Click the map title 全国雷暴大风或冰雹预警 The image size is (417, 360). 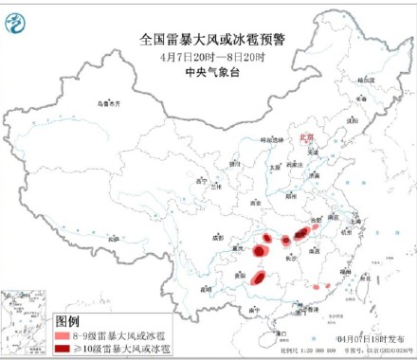[208, 39]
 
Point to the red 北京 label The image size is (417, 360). [305, 136]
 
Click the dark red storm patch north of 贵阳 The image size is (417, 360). [258, 251]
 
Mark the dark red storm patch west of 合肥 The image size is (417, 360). [299, 233]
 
